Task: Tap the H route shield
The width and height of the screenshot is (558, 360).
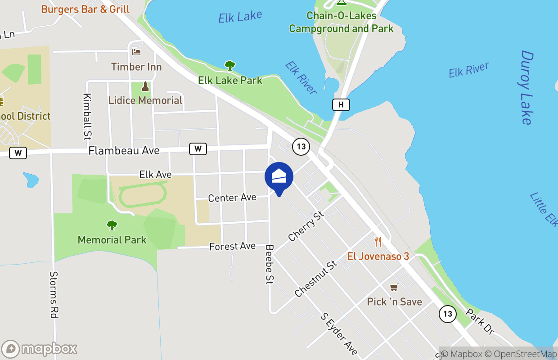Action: [341, 105]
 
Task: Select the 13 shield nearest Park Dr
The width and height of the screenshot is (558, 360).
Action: [447, 313]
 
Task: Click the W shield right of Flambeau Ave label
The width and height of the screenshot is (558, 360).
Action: [198, 148]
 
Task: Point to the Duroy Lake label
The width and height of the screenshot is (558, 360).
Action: [526, 88]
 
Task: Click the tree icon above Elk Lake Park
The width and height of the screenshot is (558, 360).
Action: [230, 66]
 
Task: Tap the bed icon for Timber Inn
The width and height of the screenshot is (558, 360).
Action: [136, 52]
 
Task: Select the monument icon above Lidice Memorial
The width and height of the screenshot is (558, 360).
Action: [145, 85]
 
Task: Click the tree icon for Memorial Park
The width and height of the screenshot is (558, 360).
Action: [112, 225]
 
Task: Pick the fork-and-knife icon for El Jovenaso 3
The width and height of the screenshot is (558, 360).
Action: [378, 242]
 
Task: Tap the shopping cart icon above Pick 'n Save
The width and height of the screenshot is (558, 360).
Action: [394, 287]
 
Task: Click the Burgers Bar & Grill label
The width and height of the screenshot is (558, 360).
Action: [85, 9]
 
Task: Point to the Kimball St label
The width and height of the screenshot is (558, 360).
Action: [87, 116]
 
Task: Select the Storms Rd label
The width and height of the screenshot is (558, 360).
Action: [54, 295]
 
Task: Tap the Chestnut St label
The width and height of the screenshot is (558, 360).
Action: [316, 279]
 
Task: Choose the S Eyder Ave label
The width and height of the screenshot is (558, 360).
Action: [339, 334]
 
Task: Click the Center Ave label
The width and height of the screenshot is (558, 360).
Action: [232, 198]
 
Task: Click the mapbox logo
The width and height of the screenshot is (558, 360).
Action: [40, 349]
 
